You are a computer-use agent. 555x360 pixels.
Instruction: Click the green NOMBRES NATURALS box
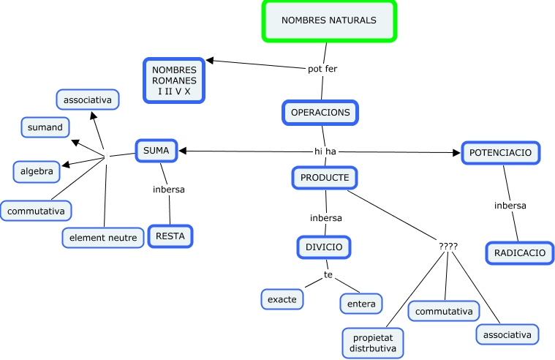pos(329,20)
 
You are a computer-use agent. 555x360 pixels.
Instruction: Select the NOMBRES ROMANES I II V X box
pos(174,80)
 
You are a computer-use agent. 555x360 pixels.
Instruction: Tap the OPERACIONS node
pos(320,113)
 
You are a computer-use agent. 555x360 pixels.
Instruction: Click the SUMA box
pos(156,151)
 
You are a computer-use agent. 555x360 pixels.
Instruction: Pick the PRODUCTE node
pos(325,177)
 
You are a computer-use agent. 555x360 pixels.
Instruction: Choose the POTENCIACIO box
pos(501,152)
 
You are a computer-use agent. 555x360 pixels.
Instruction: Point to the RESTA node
pos(170,236)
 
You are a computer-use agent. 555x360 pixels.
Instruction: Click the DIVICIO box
pos(324,247)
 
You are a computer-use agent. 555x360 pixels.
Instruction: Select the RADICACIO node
pos(519,252)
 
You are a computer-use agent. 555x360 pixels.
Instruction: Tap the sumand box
pos(45,127)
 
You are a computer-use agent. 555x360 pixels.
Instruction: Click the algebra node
pos(37,171)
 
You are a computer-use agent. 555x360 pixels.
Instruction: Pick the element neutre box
pos(103,237)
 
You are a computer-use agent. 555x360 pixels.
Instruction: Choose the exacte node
pos(282,299)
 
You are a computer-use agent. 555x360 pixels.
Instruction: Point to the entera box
pos(361,303)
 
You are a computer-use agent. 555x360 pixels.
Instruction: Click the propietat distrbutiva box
pos(373,343)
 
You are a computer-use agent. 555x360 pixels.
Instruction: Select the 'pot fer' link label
pos(322,69)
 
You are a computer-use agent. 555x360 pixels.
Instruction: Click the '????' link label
pos(448,246)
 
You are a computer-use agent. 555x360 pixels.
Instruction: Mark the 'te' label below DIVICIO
pos(328,274)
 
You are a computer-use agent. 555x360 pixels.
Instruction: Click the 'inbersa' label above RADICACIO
pos(510,206)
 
